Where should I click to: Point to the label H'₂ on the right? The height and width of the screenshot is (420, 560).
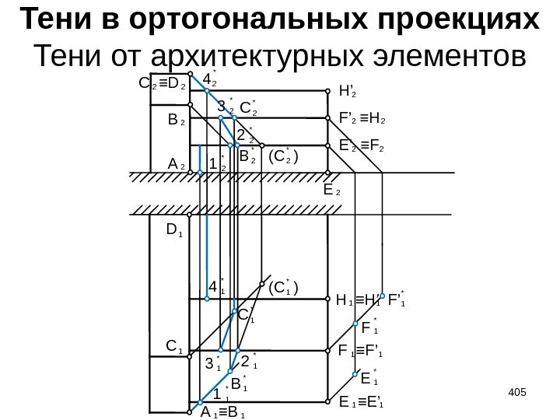tap(348, 90)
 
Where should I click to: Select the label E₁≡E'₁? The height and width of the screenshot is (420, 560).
tap(362, 403)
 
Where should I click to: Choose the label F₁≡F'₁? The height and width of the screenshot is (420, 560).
tap(363, 351)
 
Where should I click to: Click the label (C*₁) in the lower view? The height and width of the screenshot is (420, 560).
tap(283, 288)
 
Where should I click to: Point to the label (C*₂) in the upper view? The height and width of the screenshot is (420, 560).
tap(284, 157)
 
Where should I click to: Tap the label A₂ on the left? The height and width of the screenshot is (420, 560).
tap(176, 164)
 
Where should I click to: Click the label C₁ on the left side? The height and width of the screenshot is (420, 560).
tap(175, 345)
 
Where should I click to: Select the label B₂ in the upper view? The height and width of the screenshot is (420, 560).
tap(177, 121)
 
